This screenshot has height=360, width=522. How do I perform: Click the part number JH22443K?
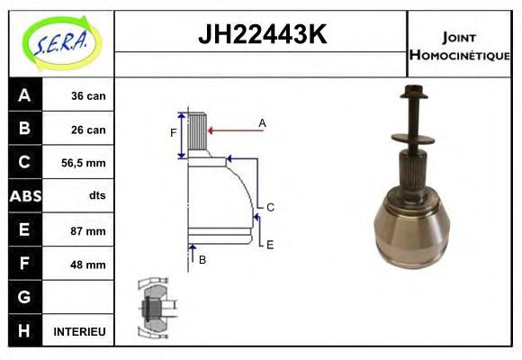pyautogui.click(x=261, y=35)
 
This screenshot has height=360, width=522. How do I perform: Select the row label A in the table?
pyautogui.click(x=24, y=95)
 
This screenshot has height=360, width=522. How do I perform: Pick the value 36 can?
pyautogui.click(x=88, y=95)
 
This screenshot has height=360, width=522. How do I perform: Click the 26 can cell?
pyautogui.click(x=88, y=130)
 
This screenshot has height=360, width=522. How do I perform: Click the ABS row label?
pyautogui.click(x=24, y=196)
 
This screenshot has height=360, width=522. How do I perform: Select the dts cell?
pyautogui.click(x=96, y=196)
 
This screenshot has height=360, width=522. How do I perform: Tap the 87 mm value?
pyautogui.click(x=88, y=230)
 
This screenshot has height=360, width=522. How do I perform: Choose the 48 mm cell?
pyautogui.click(x=88, y=265)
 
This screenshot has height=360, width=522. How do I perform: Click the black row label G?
pyautogui.click(x=24, y=297)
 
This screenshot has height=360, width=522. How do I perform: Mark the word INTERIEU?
pyautogui.click(x=79, y=332)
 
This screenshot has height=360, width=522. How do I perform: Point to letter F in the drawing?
pyautogui.click(x=174, y=133)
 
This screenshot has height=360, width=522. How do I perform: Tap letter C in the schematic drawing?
pyautogui.click(x=270, y=207)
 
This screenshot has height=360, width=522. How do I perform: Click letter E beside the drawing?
pyautogui.click(x=270, y=243)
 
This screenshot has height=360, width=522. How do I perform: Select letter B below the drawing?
pyautogui.click(x=202, y=259)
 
